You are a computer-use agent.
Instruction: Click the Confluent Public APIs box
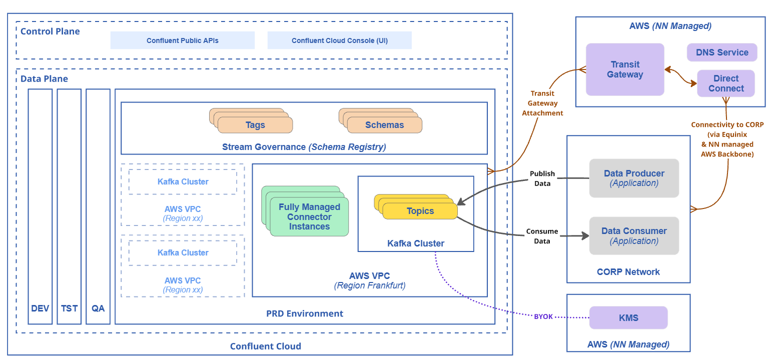click(183, 40)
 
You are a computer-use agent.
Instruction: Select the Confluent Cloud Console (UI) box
click(340, 40)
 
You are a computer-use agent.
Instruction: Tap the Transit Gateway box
click(625, 69)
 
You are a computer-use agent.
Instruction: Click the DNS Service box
click(722, 52)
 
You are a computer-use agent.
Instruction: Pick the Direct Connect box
click(726, 83)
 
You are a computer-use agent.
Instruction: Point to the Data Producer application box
click(634, 178)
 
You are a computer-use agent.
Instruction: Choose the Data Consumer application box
click(634, 235)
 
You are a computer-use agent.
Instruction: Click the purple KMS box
click(628, 317)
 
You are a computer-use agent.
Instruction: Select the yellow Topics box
click(420, 211)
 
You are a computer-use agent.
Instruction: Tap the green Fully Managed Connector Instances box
click(309, 217)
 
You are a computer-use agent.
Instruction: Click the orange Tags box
click(255, 125)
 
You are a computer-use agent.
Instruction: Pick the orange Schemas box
click(385, 125)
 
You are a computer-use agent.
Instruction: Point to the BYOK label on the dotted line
click(543, 316)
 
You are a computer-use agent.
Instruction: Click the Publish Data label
click(542, 178)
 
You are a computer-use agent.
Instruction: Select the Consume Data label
click(542, 236)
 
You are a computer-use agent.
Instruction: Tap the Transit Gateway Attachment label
click(542, 103)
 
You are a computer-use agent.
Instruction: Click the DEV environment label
click(40, 308)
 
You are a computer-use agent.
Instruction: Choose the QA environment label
click(98, 308)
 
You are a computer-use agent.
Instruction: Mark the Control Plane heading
click(50, 31)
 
